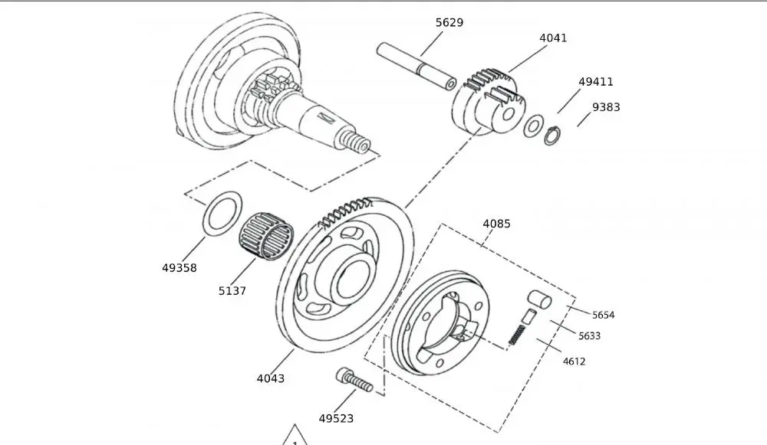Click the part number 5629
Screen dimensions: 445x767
(x=449, y=23)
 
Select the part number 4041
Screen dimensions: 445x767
(x=553, y=38)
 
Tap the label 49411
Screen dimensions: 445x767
(x=596, y=82)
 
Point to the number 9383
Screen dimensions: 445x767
(x=606, y=107)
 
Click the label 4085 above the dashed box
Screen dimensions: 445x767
(x=496, y=224)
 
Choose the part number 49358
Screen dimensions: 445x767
(x=179, y=268)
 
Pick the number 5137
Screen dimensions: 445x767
(x=232, y=291)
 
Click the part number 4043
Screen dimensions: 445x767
(x=270, y=378)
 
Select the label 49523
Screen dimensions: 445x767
(x=336, y=418)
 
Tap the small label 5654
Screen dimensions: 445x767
(x=603, y=315)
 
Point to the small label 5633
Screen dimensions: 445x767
(x=589, y=335)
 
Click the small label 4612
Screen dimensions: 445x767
(x=574, y=361)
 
